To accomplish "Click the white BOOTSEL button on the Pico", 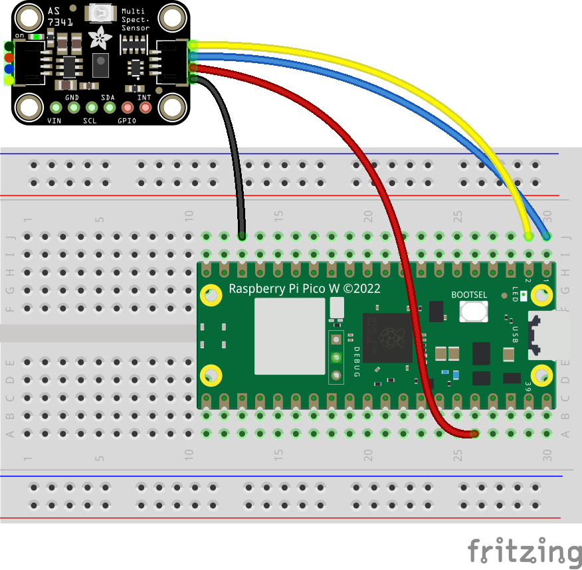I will [x=473, y=311].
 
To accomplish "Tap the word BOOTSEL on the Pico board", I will [x=469, y=294].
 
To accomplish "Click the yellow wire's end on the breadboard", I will [x=529, y=236].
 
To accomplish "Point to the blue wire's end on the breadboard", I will [x=547, y=236].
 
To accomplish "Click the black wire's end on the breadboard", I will [x=242, y=236].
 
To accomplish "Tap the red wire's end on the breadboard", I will [x=474, y=434].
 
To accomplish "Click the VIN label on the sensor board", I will [x=54, y=121].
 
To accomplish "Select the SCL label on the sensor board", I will [x=90, y=121].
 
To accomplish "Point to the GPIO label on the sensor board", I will [x=127, y=121].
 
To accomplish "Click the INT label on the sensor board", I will [x=144, y=98].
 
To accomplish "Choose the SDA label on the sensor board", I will [x=108, y=98].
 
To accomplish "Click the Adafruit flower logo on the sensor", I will [x=101, y=38].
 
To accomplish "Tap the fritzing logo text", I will [x=524, y=551].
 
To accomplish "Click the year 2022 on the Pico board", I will [x=369, y=288].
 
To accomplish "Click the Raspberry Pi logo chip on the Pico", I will [x=387, y=338].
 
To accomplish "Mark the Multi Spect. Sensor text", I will [x=135, y=20].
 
